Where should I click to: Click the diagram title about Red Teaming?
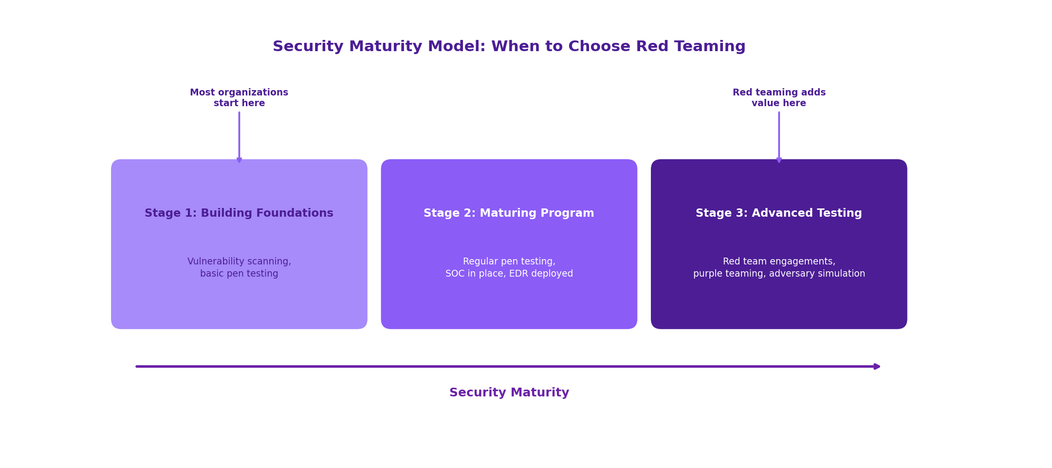(509, 47)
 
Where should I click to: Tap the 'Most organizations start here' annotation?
(239, 98)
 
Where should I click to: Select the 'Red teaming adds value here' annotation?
(778, 98)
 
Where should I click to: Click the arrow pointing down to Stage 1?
(239, 137)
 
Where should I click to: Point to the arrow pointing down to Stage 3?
(778, 137)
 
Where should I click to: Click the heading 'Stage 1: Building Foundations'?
(239, 213)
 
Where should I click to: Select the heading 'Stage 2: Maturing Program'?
(509, 213)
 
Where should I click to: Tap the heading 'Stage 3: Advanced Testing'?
(778, 213)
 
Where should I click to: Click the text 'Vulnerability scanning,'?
(239, 262)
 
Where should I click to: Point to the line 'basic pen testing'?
(239, 274)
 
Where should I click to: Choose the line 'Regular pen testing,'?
(509, 262)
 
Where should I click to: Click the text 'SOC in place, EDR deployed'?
(509, 274)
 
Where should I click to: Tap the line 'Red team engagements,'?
(778, 262)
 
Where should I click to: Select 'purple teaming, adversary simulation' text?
(778, 274)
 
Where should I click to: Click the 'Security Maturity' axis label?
(509, 393)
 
